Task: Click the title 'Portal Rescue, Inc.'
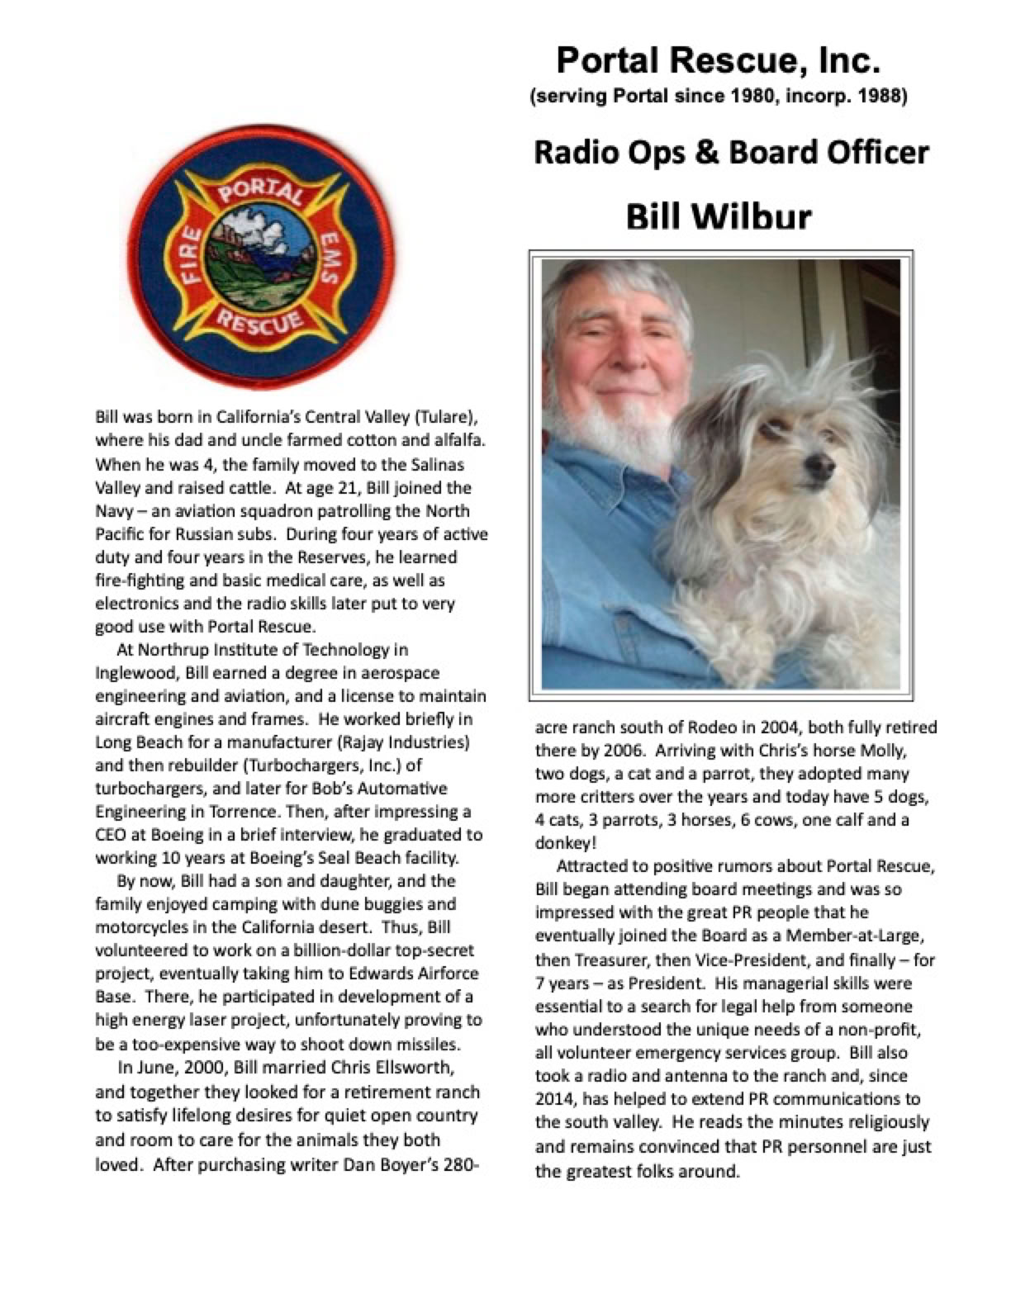718,61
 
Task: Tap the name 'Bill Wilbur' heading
719,216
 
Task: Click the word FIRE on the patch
191,257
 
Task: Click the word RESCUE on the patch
259,321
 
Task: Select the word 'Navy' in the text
112,511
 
